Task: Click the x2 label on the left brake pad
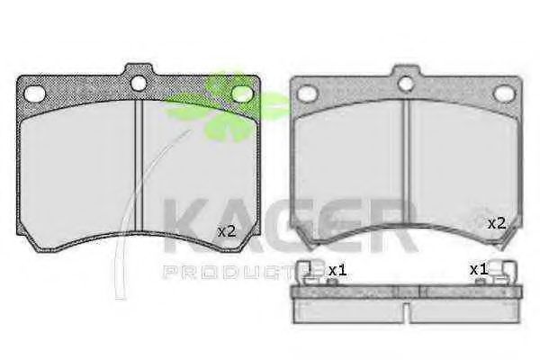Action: pos(227,231)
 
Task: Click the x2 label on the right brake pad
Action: pos(497,224)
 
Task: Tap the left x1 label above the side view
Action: pos(337,270)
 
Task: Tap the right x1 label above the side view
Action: pos(479,269)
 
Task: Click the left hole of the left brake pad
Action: pos(35,94)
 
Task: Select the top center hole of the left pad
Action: pos(139,83)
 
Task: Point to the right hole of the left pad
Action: pos(241,94)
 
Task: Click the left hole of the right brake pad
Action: pos(307,94)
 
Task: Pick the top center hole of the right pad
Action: pos(405,84)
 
